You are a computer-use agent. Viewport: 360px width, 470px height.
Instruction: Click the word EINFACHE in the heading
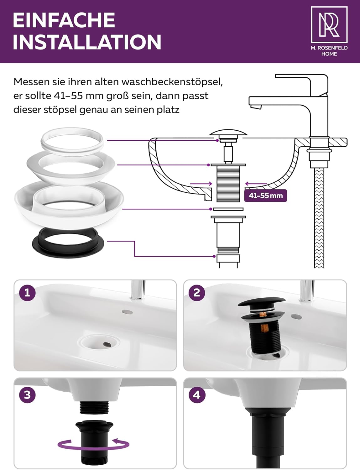[x=64, y=20]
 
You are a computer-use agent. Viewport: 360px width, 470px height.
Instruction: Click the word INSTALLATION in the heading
[x=87, y=42]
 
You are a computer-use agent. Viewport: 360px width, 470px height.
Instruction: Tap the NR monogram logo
[x=329, y=25]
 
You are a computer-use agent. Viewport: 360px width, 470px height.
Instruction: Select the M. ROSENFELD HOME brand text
[x=329, y=51]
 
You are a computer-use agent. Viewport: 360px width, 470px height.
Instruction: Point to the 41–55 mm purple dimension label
[x=265, y=196]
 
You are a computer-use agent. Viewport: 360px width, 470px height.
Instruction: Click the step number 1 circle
[x=27, y=293]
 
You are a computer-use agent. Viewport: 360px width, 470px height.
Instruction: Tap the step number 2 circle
[x=197, y=293]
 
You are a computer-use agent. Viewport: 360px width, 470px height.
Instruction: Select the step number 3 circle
[x=27, y=395]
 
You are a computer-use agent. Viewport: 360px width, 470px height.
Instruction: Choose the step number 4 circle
[x=197, y=395]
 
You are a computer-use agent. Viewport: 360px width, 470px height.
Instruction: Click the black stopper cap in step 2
[x=262, y=301]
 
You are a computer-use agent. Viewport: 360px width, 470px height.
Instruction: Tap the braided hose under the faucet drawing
[x=319, y=218]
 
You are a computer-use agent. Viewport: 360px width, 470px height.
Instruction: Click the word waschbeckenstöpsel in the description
[x=172, y=82]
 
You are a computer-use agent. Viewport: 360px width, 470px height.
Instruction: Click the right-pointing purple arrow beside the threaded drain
[x=201, y=184]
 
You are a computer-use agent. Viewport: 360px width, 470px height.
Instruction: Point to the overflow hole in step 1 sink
[x=127, y=312]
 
